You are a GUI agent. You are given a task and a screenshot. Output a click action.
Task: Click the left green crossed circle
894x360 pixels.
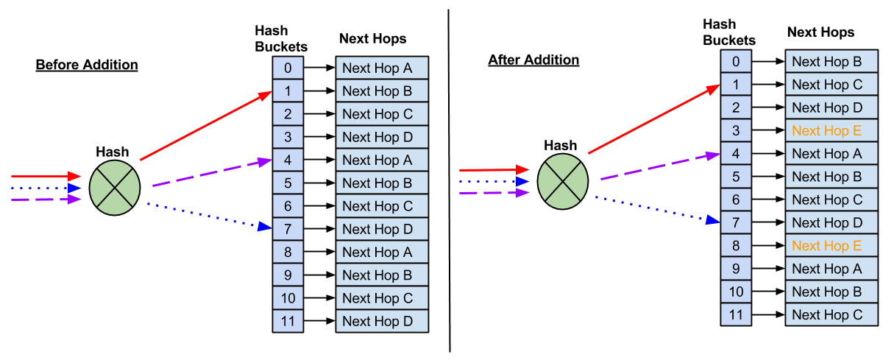(x=115, y=188)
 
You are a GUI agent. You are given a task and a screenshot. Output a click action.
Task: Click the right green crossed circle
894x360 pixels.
(x=563, y=181)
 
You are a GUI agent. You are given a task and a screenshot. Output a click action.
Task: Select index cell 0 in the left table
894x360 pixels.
(x=288, y=68)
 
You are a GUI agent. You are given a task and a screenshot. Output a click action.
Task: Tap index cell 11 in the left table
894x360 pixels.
(x=288, y=321)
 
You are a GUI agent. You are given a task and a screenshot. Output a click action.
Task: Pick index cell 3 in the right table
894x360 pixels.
(x=736, y=130)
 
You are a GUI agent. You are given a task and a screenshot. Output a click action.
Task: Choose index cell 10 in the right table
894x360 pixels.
(x=736, y=292)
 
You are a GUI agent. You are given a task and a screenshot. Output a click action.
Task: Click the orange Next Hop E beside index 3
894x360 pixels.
(x=831, y=130)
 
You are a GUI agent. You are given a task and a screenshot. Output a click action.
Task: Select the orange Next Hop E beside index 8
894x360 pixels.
(x=831, y=246)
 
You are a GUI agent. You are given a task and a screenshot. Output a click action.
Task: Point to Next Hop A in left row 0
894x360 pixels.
(x=382, y=68)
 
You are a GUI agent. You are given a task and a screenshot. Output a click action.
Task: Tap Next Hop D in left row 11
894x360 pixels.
(x=382, y=321)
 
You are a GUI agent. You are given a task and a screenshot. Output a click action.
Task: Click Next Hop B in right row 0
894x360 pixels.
(x=831, y=62)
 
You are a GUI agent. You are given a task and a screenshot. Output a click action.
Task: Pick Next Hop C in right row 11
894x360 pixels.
(x=831, y=315)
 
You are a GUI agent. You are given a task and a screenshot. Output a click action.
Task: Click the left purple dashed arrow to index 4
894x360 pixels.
(x=212, y=173)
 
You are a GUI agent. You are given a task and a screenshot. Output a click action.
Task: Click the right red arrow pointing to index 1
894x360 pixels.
(x=653, y=120)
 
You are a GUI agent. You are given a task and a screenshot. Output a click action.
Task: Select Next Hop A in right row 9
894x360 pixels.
(x=831, y=269)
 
